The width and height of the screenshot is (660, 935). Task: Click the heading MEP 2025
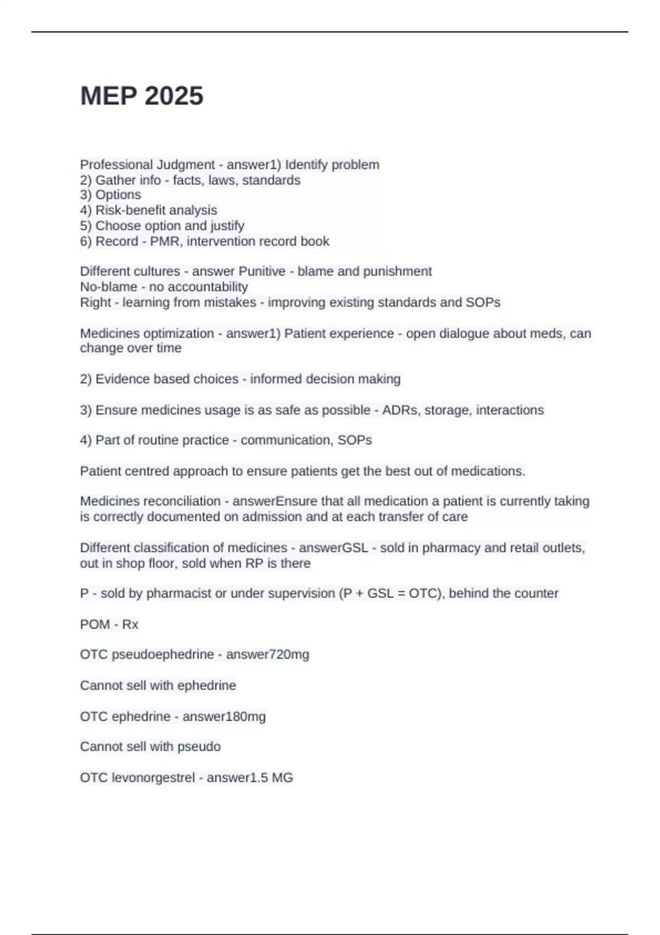point(142,96)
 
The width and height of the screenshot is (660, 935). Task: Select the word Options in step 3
point(118,195)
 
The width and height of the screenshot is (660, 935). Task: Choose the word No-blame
point(108,287)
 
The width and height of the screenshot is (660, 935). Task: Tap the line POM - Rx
point(109,625)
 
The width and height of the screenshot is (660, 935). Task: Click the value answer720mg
point(267,654)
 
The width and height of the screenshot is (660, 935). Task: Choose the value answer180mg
point(224,717)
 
